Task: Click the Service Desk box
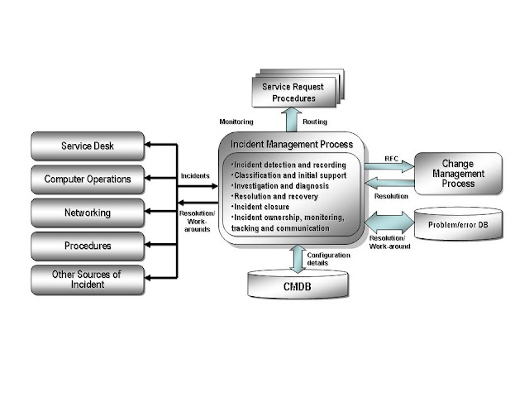[x=87, y=146]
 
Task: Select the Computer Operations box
[x=87, y=179]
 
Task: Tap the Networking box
[x=87, y=213]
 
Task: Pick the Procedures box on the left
[x=87, y=246]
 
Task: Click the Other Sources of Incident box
[x=87, y=280]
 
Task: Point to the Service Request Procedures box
[x=288, y=92]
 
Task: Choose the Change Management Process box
[x=458, y=174]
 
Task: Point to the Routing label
[x=315, y=121]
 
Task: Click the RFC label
[x=392, y=158]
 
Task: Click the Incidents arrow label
[x=195, y=175]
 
